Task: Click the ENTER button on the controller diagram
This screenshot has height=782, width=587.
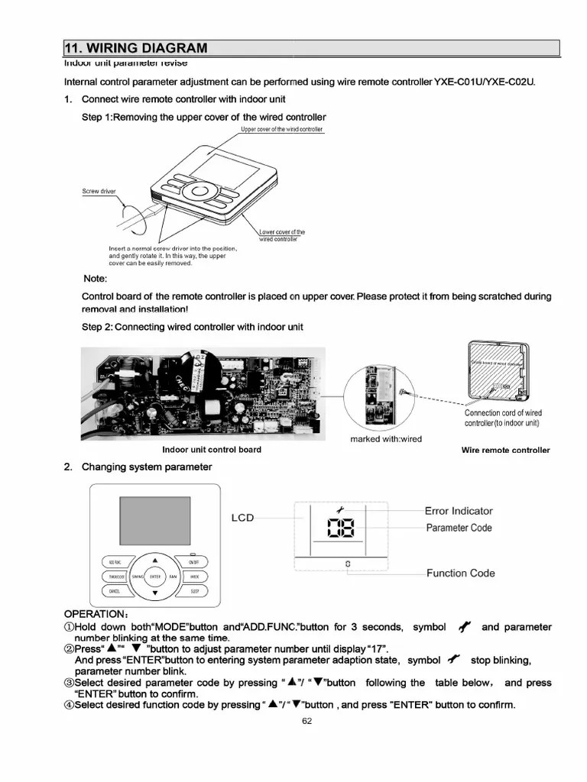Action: pos(155,577)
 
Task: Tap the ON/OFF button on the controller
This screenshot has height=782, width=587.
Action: pos(193,562)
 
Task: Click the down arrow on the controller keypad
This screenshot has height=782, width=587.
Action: pos(155,593)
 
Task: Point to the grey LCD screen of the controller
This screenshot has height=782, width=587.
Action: pos(154,522)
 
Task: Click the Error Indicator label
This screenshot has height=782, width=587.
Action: pos(459,511)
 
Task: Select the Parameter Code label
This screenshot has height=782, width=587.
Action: pos(459,528)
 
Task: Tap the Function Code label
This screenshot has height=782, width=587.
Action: pos(460,574)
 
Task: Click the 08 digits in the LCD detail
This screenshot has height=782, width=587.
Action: pos(338,528)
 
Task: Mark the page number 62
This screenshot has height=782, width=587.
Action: pos(306,721)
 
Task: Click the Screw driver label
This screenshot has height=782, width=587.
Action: pos(99,191)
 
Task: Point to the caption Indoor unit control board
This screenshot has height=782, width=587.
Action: pos(212,450)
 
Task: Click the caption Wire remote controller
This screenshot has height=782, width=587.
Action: pos(505,451)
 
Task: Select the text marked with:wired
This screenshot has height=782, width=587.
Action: pos(386,439)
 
